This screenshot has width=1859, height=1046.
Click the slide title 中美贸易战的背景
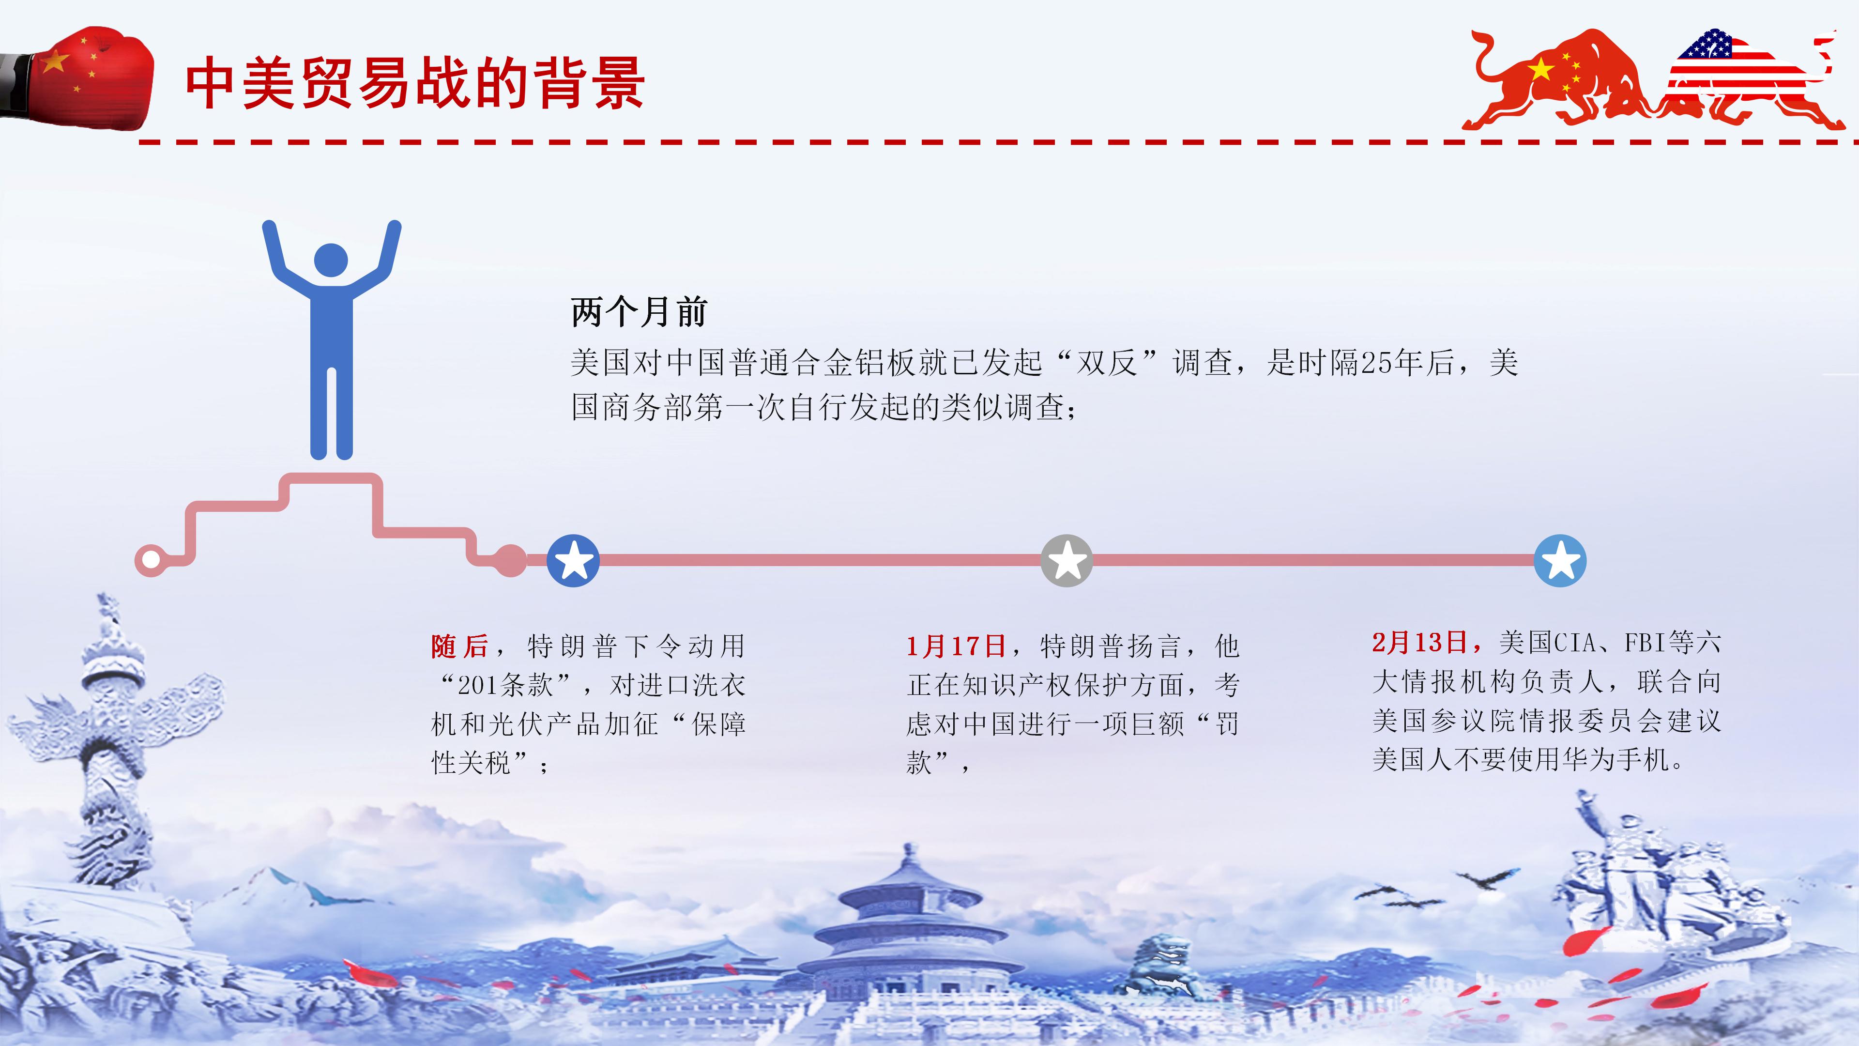click(414, 84)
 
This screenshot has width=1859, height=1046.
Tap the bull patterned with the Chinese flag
click(1559, 79)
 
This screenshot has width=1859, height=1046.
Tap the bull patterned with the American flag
click(1746, 79)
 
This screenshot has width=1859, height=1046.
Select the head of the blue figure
click(331, 260)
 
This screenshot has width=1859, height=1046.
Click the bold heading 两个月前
click(639, 312)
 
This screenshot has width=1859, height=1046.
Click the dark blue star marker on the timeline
click(573, 560)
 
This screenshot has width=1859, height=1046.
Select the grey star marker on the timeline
click(1067, 560)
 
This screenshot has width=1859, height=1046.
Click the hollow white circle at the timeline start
click(151, 559)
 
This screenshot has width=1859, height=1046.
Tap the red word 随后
click(460, 646)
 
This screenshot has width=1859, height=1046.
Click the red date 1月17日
click(956, 646)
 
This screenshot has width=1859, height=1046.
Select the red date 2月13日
click(1419, 642)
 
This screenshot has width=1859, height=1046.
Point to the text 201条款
click(505, 685)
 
